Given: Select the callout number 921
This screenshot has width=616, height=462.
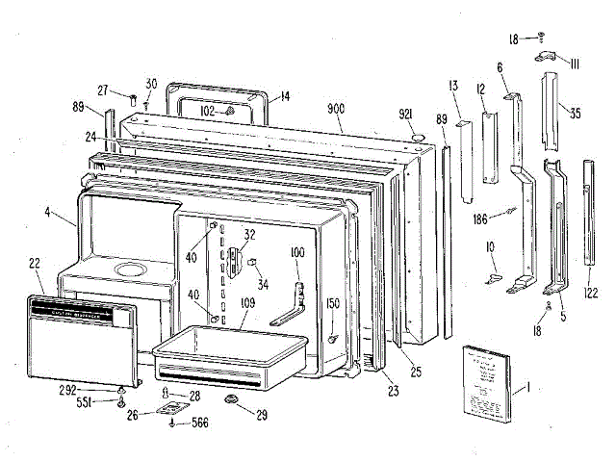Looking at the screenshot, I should point(406,115).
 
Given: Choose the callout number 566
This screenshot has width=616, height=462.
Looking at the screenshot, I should point(199,421).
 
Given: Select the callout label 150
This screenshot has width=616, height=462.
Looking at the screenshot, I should point(334,304).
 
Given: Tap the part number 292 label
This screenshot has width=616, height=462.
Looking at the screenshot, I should point(93,389).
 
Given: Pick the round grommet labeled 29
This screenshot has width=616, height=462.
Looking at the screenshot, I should point(231,398).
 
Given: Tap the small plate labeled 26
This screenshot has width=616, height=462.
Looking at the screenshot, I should point(170,408).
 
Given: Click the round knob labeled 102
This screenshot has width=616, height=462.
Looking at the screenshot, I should point(230,111).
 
